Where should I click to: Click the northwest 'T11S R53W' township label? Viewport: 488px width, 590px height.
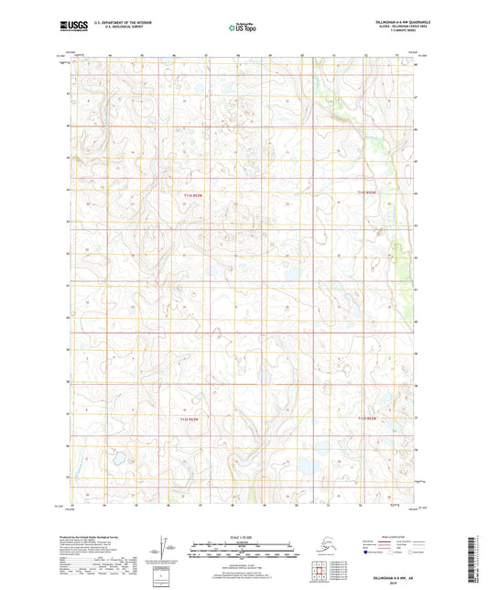click(x=190, y=193)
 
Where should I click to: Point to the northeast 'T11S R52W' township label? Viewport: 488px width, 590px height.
click(x=366, y=192)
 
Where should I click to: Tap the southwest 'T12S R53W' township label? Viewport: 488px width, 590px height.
click(x=190, y=419)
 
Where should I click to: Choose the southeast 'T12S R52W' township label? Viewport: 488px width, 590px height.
click(x=366, y=419)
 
